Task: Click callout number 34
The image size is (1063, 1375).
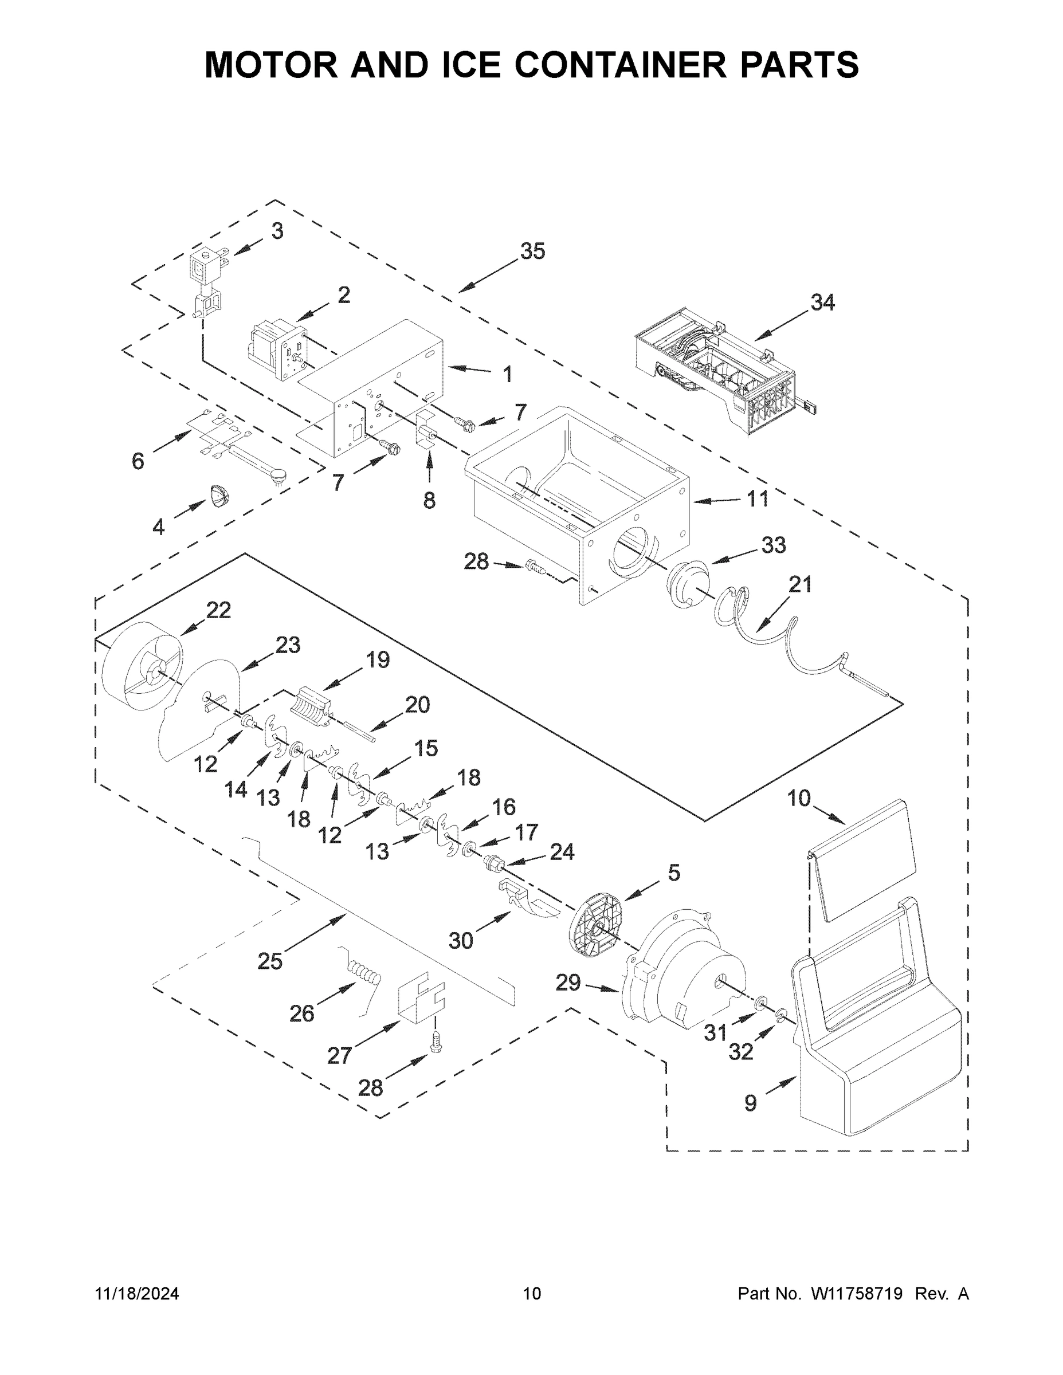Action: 822,303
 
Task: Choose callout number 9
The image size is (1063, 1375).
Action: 750,1102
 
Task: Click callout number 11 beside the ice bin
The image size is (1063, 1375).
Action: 757,498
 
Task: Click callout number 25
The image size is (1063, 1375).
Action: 269,961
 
